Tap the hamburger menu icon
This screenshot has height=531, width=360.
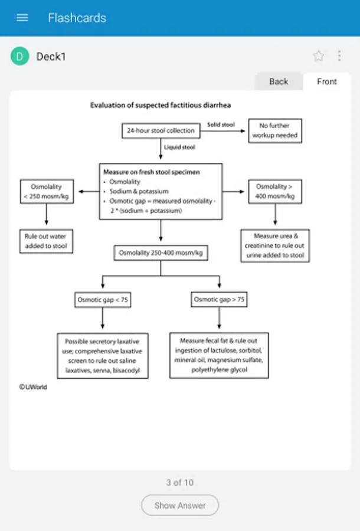22,17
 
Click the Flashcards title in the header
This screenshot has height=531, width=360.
77,17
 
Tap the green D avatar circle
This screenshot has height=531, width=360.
20,56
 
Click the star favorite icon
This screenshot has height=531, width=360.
319,56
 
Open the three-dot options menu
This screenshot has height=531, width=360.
339,56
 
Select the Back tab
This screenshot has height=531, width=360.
279,81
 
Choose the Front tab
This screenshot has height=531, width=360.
327,81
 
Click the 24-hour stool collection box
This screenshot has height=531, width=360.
161,130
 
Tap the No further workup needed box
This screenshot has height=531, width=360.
275,130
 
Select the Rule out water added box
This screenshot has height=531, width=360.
46,241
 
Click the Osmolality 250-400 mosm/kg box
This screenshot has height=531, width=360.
161,253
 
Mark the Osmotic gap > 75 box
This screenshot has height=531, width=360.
219,300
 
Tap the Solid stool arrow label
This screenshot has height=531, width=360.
221,124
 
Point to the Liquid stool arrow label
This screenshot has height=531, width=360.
180,147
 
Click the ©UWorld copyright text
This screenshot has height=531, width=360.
32,387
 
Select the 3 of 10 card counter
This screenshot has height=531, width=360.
180,483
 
